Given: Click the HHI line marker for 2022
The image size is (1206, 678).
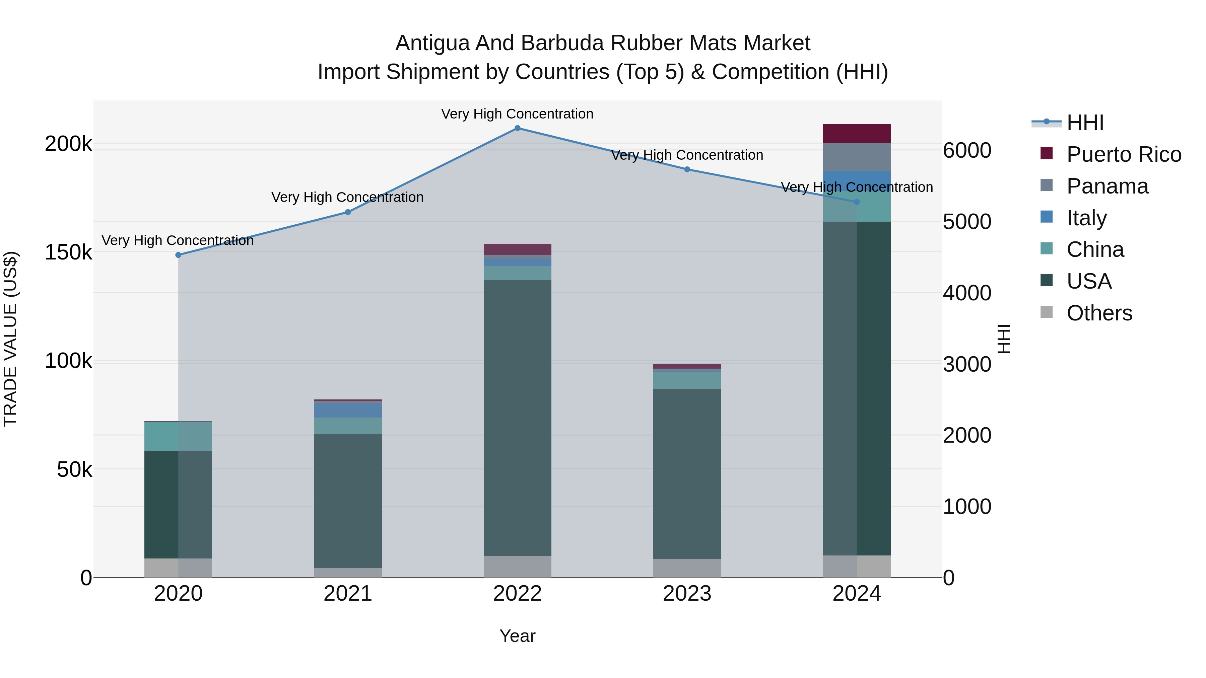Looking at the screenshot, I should (x=517, y=128).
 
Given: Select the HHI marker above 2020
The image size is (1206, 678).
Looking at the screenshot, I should (x=178, y=255).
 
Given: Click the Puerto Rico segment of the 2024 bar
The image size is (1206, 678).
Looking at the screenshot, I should (x=857, y=134).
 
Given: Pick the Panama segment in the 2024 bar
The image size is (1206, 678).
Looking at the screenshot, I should (x=857, y=157).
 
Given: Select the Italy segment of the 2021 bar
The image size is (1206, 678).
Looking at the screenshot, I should (x=348, y=410).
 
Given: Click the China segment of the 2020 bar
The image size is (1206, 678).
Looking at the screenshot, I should (x=178, y=436).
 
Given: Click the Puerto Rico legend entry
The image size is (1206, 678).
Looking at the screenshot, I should (x=1124, y=154).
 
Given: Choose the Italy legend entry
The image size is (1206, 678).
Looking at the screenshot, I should (x=1086, y=218).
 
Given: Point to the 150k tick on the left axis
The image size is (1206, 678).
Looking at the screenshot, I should (x=68, y=253).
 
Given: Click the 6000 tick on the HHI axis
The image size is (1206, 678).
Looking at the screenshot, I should (x=967, y=151).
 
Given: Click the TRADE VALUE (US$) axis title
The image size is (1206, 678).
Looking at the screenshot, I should (x=11, y=339).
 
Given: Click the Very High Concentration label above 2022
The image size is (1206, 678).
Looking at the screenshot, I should (x=517, y=114).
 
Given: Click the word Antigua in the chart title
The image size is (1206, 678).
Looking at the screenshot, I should (x=432, y=44).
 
